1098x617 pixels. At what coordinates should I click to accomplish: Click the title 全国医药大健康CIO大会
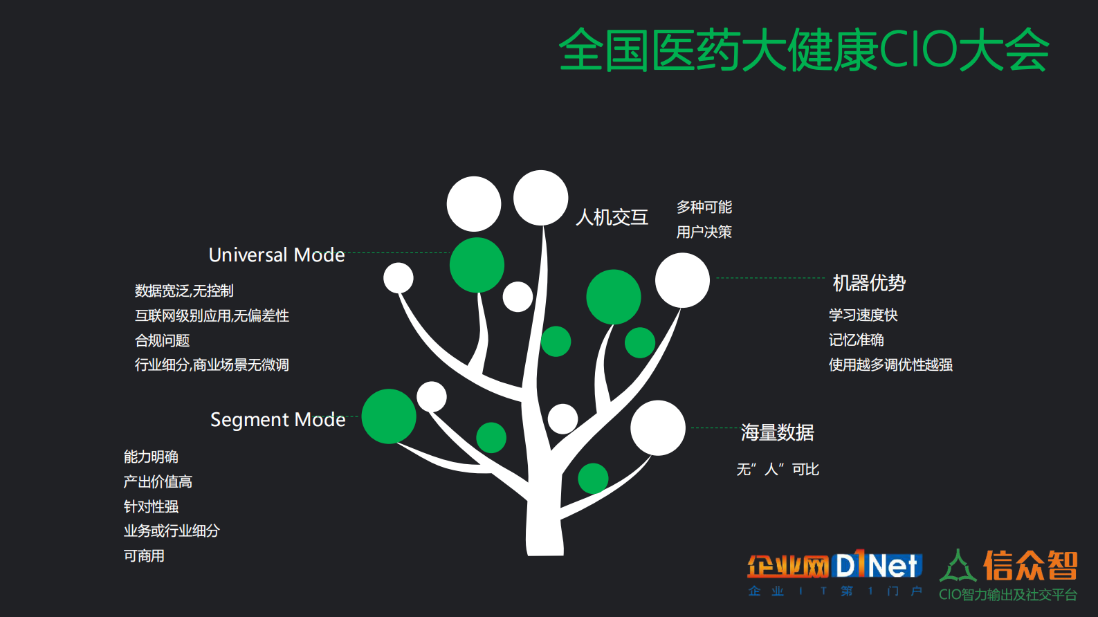803,50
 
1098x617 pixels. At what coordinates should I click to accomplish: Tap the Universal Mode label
277,255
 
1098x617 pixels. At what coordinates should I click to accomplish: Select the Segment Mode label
277,419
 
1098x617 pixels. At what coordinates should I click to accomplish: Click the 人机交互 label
612,217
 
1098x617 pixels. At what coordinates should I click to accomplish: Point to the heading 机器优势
869,282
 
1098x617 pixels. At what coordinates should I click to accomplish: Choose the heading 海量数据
777,432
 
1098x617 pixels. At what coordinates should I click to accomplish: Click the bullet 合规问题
162,340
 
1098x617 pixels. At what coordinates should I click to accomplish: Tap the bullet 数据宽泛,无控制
184,291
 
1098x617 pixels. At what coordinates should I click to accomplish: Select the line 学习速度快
863,315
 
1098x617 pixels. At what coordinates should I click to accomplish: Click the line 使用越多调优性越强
890,365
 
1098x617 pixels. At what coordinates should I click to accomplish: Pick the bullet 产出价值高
158,481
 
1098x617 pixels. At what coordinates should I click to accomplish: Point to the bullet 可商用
144,555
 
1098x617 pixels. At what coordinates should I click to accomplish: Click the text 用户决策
704,232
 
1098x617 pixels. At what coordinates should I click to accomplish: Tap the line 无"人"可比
778,469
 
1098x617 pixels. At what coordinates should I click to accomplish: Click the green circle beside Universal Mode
477,265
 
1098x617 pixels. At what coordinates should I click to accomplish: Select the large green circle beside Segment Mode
389,416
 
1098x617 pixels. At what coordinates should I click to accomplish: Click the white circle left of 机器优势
682,280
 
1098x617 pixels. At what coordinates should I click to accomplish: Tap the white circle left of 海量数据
657,427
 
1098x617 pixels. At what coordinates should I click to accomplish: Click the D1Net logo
877,566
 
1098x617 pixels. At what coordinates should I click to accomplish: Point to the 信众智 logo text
1030,566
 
